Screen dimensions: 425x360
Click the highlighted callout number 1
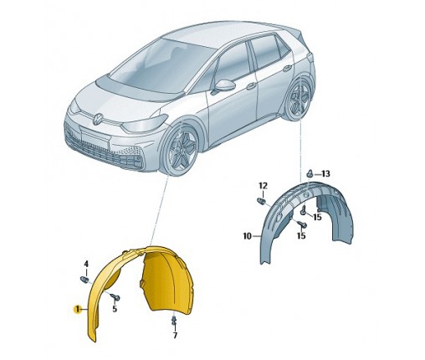click(x=77, y=309)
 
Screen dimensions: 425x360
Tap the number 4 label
click(x=86, y=264)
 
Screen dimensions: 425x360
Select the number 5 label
click(x=115, y=309)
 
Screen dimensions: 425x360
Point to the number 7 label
click(x=175, y=335)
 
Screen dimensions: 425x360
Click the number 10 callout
click(x=248, y=236)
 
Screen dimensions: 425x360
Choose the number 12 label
click(x=263, y=186)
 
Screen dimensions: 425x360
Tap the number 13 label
click(x=325, y=174)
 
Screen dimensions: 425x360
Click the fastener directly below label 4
click(x=84, y=279)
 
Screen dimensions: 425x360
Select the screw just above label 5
click(x=115, y=297)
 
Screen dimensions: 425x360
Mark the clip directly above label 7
click(x=174, y=321)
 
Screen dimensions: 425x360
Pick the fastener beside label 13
click(x=310, y=173)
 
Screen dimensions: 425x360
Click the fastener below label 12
click(x=261, y=201)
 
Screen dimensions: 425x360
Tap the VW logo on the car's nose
click(x=98, y=119)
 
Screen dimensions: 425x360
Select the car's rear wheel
click(x=299, y=98)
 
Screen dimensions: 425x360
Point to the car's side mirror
click(x=223, y=86)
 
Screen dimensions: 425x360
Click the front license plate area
click(x=95, y=140)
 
